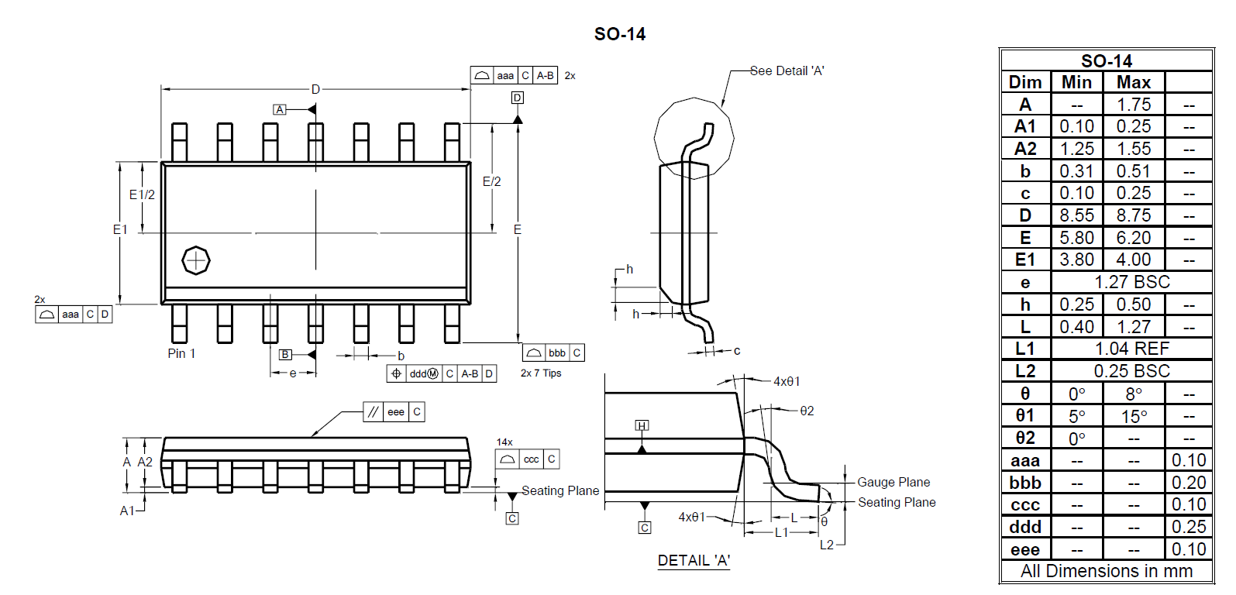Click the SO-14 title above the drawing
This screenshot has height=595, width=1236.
pyautogui.click(x=620, y=34)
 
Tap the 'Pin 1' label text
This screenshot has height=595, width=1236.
pyautogui.click(x=181, y=353)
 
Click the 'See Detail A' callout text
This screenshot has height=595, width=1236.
pyautogui.click(x=787, y=71)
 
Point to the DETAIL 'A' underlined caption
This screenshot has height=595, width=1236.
pyautogui.click(x=694, y=560)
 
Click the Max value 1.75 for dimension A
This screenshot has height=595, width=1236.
pyautogui.click(x=1134, y=105)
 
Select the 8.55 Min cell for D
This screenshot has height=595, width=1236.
pyautogui.click(x=1076, y=215)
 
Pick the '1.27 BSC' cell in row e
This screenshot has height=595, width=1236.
pyautogui.click(x=1131, y=282)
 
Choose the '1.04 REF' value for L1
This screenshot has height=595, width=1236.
pyautogui.click(x=1131, y=349)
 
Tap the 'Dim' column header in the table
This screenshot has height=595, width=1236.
pyautogui.click(x=1025, y=82)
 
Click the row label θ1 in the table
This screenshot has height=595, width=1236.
pyautogui.click(x=1025, y=415)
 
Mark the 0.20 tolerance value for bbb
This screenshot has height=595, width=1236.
pyautogui.click(x=1189, y=483)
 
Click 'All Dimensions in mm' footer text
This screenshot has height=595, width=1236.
pyautogui.click(x=1107, y=571)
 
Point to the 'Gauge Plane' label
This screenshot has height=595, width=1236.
pyautogui.click(x=893, y=482)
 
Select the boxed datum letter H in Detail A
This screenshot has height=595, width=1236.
pyautogui.click(x=642, y=425)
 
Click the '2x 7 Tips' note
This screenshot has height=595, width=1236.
pyautogui.click(x=541, y=373)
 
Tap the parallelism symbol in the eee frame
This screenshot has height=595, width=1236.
pyautogui.click(x=373, y=412)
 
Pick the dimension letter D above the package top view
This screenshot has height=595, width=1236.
pyautogui.click(x=315, y=89)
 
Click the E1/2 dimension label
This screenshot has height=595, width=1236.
pyautogui.click(x=142, y=194)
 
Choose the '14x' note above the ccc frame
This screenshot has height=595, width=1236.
pyautogui.click(x=504, y=442)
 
